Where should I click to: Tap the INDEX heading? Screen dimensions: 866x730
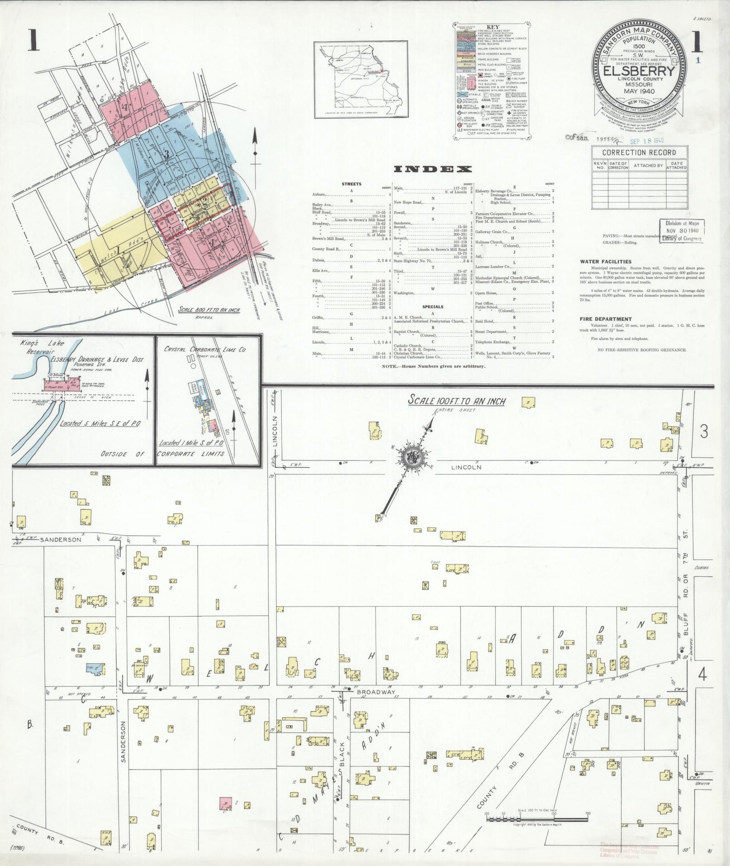tap(433, 169)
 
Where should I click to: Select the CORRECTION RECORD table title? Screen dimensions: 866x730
tap(639, 153)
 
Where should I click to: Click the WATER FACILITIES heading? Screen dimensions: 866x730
tap(606, 262)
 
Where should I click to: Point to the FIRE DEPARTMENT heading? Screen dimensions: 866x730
tap(606, 319)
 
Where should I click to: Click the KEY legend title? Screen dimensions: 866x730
tap(492, 27)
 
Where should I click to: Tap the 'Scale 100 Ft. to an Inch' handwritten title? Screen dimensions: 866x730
tap(457, 401)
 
